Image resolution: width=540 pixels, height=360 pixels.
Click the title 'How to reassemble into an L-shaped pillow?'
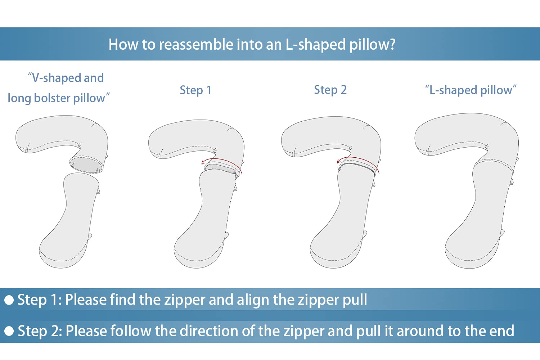(252, 45)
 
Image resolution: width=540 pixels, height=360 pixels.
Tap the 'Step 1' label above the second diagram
(195, 90)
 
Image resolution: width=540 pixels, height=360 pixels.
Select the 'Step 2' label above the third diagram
(330, 90)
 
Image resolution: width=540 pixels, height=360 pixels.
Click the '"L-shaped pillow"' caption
(471, 90)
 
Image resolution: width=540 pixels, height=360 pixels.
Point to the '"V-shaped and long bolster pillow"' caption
(58, 88)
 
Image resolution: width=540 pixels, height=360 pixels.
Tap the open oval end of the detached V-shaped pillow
(86, 165)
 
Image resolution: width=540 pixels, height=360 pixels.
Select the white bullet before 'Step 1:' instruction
(9, 300)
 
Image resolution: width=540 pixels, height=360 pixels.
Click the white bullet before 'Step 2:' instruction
(9, 331)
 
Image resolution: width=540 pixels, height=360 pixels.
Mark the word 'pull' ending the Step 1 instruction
(355, 300)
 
